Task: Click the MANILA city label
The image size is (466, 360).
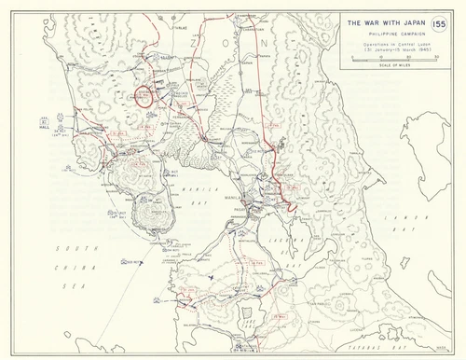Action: tap(235, 197)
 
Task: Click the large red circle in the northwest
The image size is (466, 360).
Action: tap(144, 96)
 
